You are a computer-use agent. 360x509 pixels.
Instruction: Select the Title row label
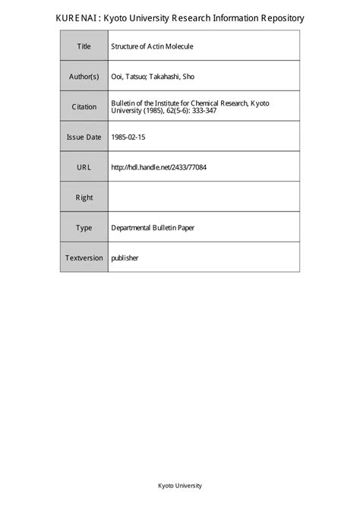84,46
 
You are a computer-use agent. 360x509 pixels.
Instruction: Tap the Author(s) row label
84,77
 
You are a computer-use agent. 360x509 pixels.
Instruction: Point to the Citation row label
84,107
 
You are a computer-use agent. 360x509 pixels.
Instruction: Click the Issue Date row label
84,137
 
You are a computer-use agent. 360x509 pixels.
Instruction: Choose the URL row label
84,167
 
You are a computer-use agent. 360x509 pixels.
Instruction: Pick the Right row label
84,198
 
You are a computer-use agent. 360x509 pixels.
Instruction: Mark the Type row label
84,227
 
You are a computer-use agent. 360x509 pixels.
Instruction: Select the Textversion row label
84,258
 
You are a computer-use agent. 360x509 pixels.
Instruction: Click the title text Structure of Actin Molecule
153,46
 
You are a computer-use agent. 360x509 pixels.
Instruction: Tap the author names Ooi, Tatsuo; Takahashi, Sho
158,77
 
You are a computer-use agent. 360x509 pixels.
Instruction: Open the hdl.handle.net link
159,167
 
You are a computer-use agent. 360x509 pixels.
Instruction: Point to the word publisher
125,258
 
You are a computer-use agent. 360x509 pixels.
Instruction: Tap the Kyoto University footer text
180,485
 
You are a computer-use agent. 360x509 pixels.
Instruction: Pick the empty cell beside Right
204,198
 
